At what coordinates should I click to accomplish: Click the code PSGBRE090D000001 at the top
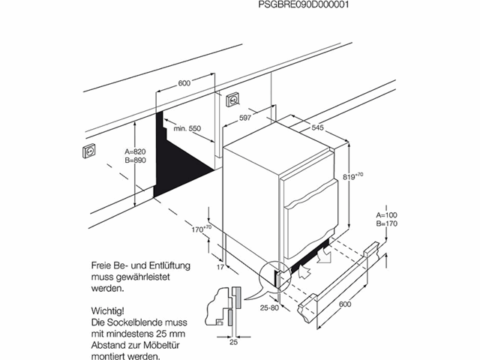pos(304,4)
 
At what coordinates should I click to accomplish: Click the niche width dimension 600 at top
pos(184,83)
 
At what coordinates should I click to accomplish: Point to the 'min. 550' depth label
pos(187,129)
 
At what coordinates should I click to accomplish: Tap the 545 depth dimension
pos(317,128)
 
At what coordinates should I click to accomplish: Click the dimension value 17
pos(219,266)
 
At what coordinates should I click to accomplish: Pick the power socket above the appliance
pos(232,98)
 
